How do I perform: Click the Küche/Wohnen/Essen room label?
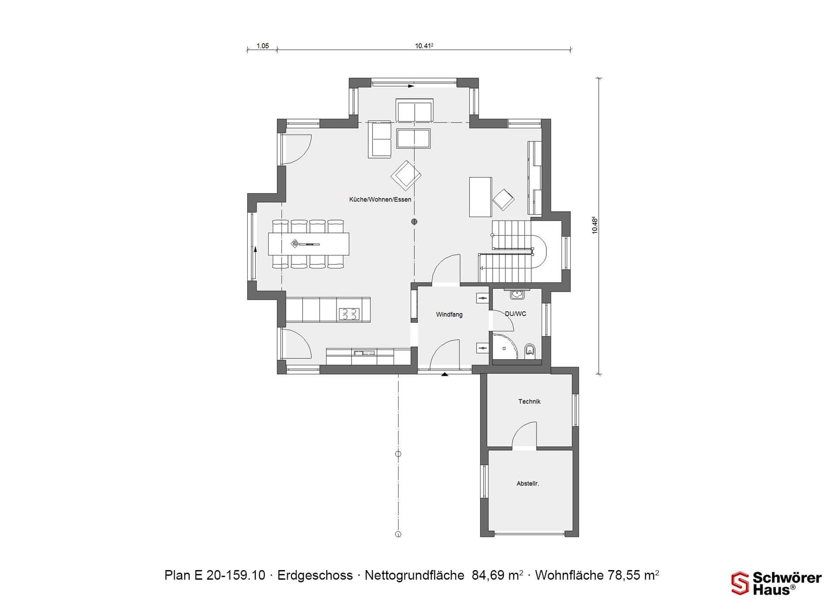[380, 199]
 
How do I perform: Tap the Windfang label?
[449, 314]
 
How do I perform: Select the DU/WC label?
[515, 313]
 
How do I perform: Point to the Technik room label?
[529, 401]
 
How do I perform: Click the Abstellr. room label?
[527, 483]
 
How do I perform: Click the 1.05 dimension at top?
[262, 46]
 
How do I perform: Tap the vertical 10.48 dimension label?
[594, 225]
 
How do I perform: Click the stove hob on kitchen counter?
[349, 314]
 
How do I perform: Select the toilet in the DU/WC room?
[529, 350]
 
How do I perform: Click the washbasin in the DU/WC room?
[517, 294]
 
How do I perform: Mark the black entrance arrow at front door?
[444, 374]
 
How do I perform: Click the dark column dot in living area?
[414, 222]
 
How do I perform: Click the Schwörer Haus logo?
[776, 583]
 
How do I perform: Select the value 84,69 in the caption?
[488, 575]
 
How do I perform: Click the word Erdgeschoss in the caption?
[315, 575]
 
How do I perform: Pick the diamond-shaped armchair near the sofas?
[405, 175]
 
